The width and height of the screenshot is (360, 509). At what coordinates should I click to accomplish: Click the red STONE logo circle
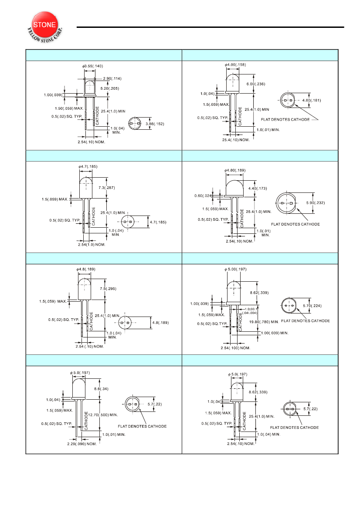click(44, 25)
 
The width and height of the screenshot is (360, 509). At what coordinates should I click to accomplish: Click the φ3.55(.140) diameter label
click(92, 66)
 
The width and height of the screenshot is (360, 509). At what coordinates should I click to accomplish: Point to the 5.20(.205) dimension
click(110, 88)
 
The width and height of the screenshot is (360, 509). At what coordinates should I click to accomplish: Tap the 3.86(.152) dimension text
click(155, 124)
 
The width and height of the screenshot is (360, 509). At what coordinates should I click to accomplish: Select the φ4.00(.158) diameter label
click(235, 64)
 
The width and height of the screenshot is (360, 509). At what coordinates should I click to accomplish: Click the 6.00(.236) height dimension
click(256, 84)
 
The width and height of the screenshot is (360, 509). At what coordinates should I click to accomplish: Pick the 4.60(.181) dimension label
click(311, 100)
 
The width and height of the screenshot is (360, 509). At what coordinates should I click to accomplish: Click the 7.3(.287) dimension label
click(107, 188)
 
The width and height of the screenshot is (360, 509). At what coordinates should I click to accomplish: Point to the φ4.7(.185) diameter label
click(88, 166)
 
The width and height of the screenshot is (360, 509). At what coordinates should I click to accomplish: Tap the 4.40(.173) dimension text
click(258, 188)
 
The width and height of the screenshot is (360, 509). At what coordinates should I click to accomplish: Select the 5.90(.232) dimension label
click(316, 203)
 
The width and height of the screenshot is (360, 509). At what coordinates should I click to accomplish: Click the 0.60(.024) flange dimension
click(203, 196)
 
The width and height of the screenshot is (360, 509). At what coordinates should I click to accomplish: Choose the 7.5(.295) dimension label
click(108, 289)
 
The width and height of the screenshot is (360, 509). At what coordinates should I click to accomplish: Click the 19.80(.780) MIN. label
click(264, 322)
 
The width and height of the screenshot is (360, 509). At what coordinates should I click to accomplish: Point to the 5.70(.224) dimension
click(312, 306)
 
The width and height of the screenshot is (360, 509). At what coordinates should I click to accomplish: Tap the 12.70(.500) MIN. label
click(103, 415)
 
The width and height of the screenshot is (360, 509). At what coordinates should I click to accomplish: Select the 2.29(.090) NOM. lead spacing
click(82, 444)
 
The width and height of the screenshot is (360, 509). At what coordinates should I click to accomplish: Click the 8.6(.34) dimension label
click(101, 389)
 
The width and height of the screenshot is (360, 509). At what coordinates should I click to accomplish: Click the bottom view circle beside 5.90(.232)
click(286, 203)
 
